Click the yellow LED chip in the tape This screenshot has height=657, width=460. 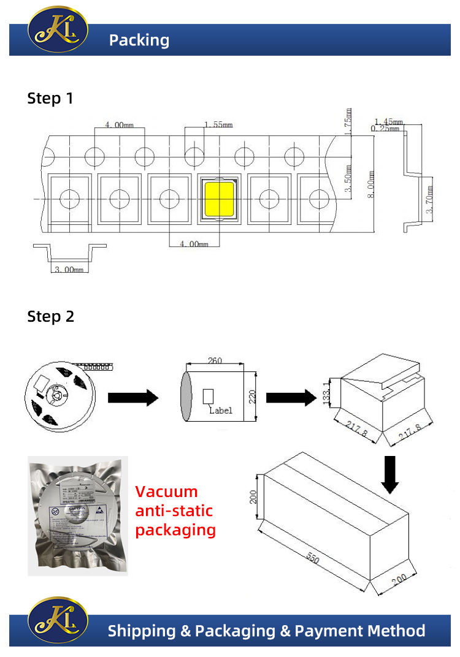click(219, 200)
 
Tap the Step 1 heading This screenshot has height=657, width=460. click(50, 98)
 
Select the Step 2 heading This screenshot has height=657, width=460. click(50, 316)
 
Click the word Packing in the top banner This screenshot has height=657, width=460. click(139, 40)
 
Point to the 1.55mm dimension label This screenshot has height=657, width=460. click(218, 124)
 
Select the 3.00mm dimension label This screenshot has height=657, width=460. click(69, 270)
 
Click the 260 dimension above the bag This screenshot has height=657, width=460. click(215, 360)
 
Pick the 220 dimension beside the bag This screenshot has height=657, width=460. click(250, 397)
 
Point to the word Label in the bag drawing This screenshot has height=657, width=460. click(221, 411)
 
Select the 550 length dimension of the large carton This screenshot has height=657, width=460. click(313, 559)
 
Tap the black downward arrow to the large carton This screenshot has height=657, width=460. click(389, 474)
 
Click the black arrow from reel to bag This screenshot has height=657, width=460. click(133, 398)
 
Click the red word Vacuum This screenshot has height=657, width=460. click(166, 492)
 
